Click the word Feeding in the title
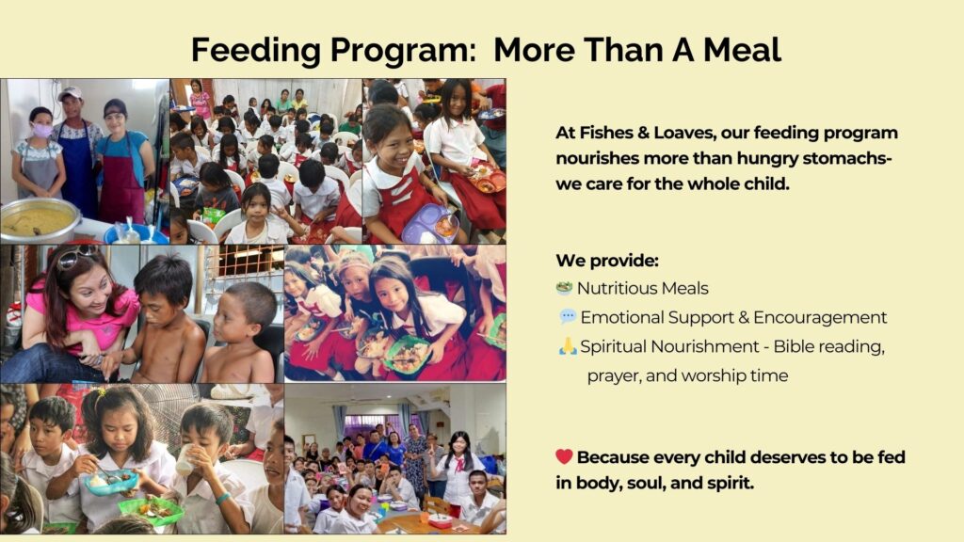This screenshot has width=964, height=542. (x=256, y=51)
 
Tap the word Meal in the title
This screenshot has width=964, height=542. (x=742, y=50)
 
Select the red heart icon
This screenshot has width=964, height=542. (x=564, y=456)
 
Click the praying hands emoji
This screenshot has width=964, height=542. (x=568, y=346)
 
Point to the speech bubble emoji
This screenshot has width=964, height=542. (x=568, y=316)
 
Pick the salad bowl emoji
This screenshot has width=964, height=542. (x=564, y=288)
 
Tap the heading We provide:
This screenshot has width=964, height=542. (x=607, y=262)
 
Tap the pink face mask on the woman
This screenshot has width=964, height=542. (x=41, y=130)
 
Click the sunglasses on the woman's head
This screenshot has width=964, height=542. (x=76, y=257)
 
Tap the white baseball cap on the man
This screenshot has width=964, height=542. (x=70, y=93)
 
